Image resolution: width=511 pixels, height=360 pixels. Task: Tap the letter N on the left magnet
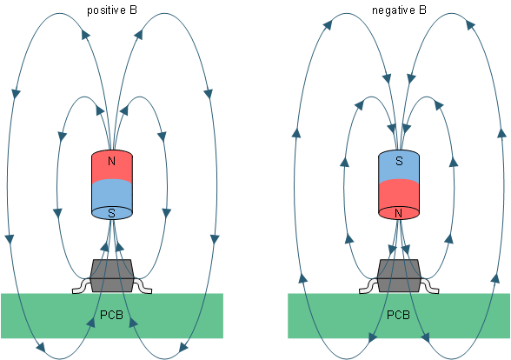tap(111, 162)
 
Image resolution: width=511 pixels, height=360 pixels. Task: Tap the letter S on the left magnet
tap(111, 212)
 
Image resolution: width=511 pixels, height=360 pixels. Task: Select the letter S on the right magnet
tap(399, 162)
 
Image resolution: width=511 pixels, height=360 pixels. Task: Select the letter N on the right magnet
tap(399, 212)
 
